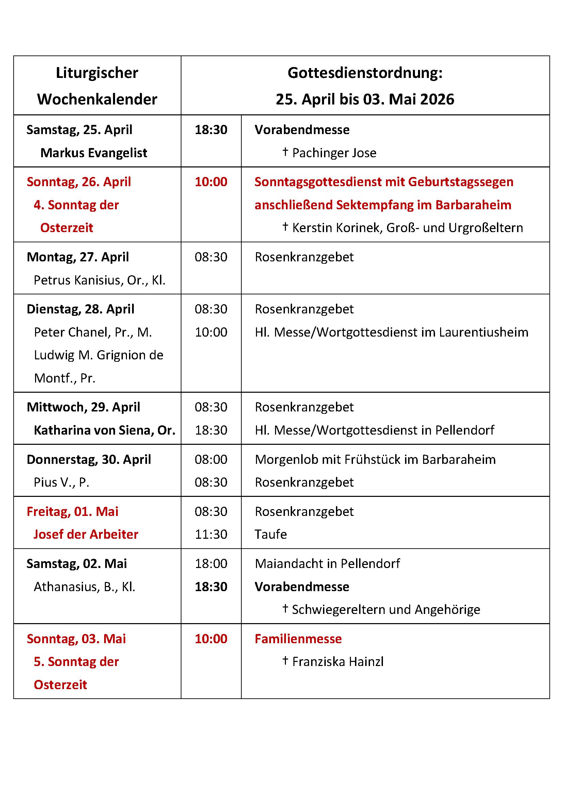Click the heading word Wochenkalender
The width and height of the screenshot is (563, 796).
[x=97, y=99]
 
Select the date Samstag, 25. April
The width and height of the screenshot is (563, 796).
[x=79, y=130]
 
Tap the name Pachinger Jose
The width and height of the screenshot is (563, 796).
[x=334, y=153]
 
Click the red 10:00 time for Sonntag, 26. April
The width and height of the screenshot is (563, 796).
[x=211, y=182]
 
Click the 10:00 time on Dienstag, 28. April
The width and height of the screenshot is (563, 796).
[x=211, y=332]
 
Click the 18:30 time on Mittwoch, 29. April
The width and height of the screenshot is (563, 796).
[x=211, y=430]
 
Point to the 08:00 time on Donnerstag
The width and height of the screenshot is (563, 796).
[x=211, y=459]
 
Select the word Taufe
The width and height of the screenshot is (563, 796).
[x=271, y=534]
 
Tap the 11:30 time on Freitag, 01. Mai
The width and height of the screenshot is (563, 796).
[x=211, y=534]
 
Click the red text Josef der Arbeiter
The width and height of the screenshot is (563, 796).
[x=86, y=534]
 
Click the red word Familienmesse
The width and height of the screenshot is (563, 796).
[x=298, y=638]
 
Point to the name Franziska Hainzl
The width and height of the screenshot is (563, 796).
[x=338, y=662]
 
